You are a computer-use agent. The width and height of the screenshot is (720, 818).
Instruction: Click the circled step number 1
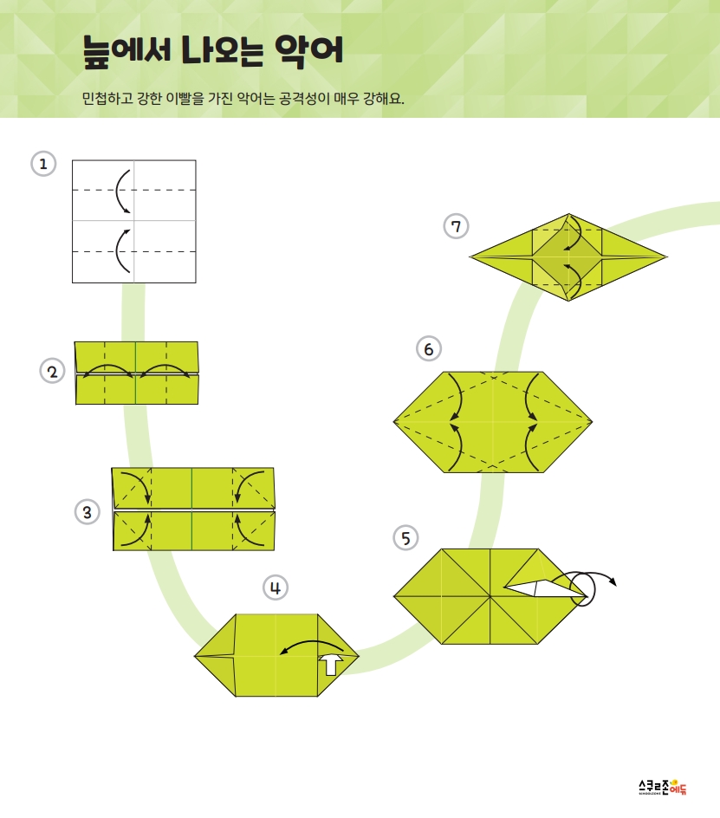(x=43, y=164)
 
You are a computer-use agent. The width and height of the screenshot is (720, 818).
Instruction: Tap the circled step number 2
(x=52, y=372)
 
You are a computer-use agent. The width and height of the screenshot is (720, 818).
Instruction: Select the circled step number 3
(x=88, y=512)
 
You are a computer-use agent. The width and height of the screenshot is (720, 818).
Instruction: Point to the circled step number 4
(x=276, y=588)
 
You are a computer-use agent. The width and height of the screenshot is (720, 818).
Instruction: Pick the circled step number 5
(x=405, y=538)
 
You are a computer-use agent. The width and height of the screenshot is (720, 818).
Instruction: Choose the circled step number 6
(x=428, y=348)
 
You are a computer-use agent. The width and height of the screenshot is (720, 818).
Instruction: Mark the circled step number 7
(x=456, y=226)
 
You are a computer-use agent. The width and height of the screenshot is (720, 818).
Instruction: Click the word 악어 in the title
(x=308, y=51)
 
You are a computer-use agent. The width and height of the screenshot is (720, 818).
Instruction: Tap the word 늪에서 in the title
(x=126, y=51)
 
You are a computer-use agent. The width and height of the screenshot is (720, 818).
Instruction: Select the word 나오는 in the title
(x=223, y=50)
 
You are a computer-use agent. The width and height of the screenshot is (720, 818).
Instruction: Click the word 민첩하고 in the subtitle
(x=107, y=98)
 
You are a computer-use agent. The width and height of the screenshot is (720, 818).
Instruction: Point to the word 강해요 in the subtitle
(x=384, y=98)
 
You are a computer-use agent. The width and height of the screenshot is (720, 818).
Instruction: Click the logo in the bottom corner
(x=663, y=787)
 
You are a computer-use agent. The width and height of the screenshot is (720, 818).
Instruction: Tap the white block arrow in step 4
(x=331, y=664)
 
